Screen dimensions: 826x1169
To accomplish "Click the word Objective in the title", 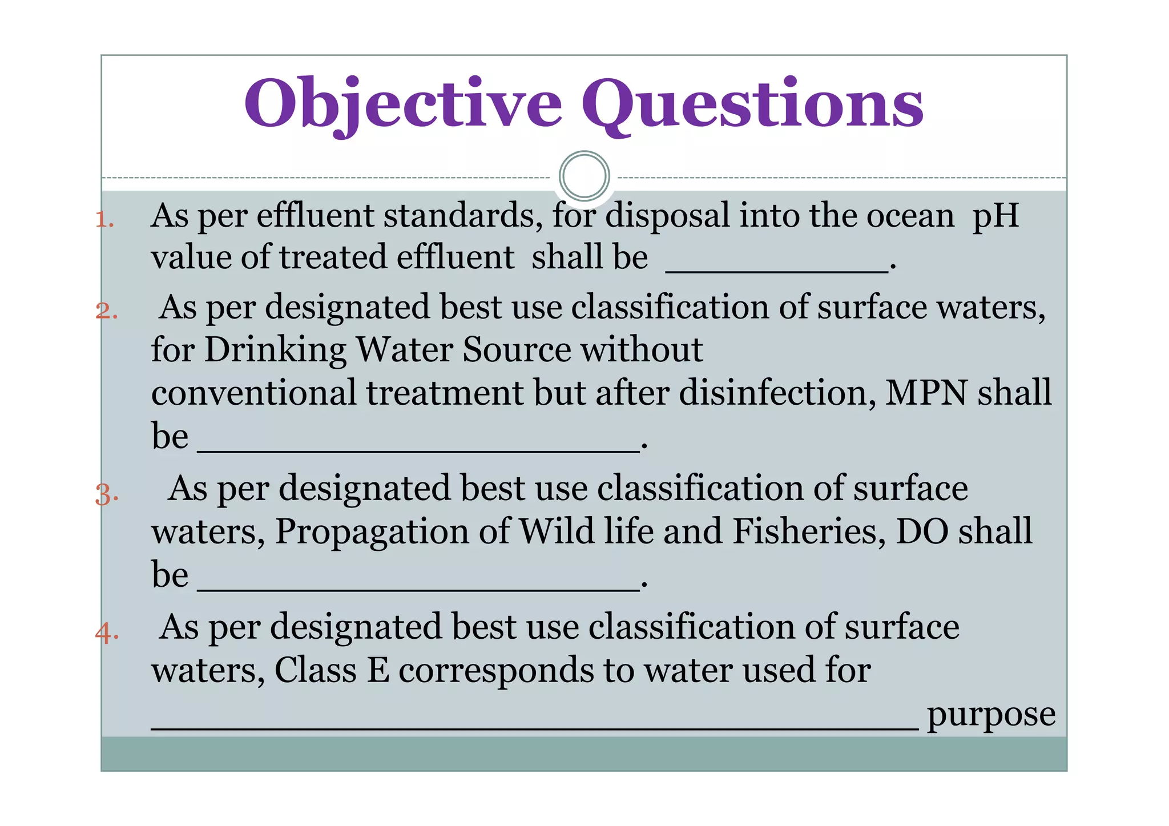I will click(403, 104).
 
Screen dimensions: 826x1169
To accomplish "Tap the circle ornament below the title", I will click(584, 176).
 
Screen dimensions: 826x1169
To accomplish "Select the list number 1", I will click(104, 220).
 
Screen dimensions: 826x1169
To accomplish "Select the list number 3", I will click(106, 494).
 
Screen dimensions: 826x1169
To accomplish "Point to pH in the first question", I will click(995, 216).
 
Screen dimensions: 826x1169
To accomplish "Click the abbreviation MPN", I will click(926, 393).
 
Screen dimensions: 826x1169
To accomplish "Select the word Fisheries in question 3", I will click(809, 531).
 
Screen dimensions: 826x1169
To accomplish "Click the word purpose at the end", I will click(991, 715).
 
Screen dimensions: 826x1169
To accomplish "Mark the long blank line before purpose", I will click(534, 726).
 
